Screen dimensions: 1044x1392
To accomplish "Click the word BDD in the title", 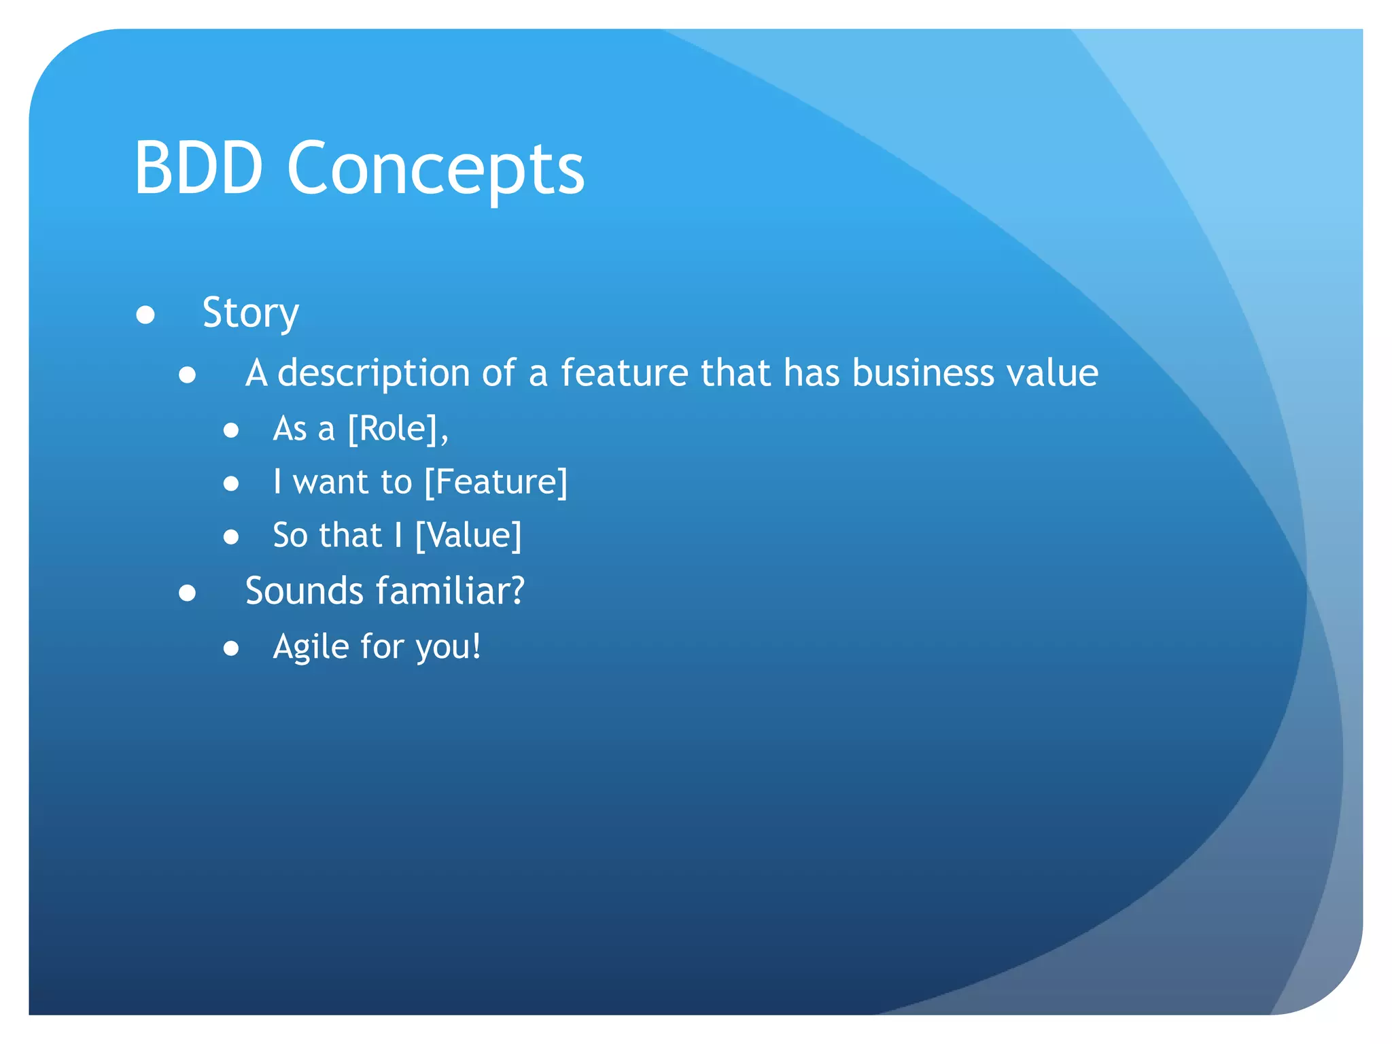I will click(198, 168).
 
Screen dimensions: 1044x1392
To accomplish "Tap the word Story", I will click(250, 314).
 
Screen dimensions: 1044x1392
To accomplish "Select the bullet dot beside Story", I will click(145, 315).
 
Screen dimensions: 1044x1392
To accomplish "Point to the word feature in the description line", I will click(624, 372).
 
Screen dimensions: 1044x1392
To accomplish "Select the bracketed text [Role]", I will click(397, 429).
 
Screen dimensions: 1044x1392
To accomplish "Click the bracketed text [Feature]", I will click(495, 482).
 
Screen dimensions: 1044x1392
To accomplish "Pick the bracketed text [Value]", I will click(468, 536).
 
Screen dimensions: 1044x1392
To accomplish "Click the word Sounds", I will click(304, 591).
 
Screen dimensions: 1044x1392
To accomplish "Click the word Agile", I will click(311, 646).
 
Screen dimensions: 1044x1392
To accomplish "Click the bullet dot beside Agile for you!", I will click(231, 648).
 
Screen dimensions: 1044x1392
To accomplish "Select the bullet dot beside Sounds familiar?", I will click(188, 593).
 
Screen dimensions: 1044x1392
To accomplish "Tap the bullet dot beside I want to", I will click(231, 484).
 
